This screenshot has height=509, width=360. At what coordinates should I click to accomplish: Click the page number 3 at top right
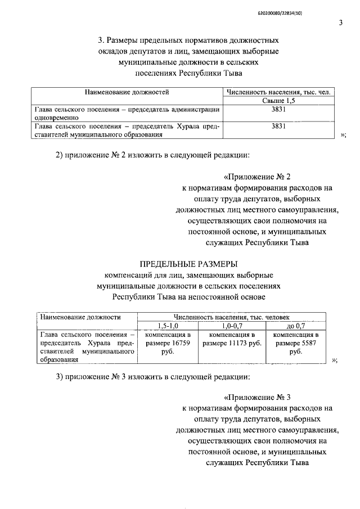pos(340,22)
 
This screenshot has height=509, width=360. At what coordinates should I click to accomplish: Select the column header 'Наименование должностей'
pos(127,91)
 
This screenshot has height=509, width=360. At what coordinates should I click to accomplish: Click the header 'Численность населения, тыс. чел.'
pos(280,91)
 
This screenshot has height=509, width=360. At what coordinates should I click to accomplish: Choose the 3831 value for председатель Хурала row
pos(280,127)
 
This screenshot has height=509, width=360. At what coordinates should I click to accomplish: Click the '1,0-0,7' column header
pos(232,326)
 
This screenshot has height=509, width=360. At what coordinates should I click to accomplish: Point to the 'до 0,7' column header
pos(295,326)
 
